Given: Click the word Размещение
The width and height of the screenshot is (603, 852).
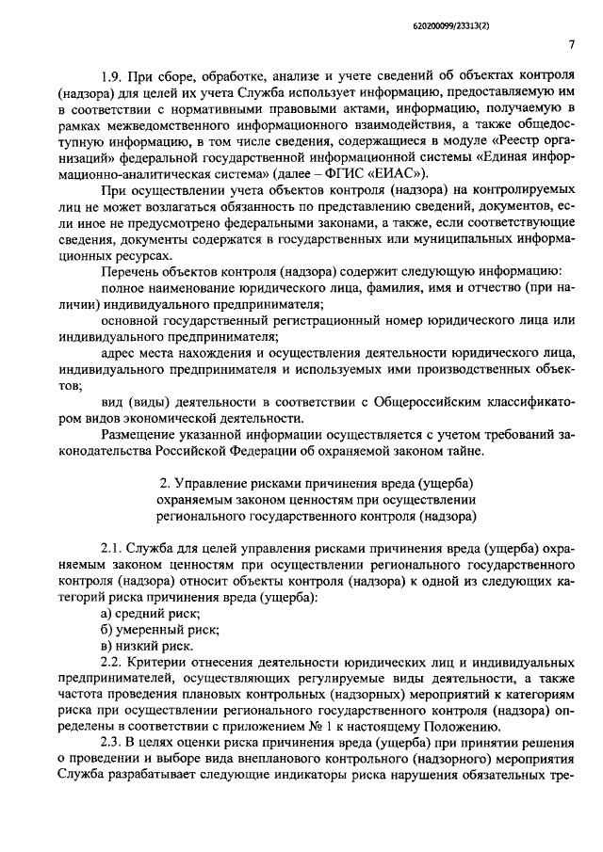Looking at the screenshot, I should (x=138, y=435).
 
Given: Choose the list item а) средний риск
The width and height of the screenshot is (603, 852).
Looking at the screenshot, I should (x=143, y=613).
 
